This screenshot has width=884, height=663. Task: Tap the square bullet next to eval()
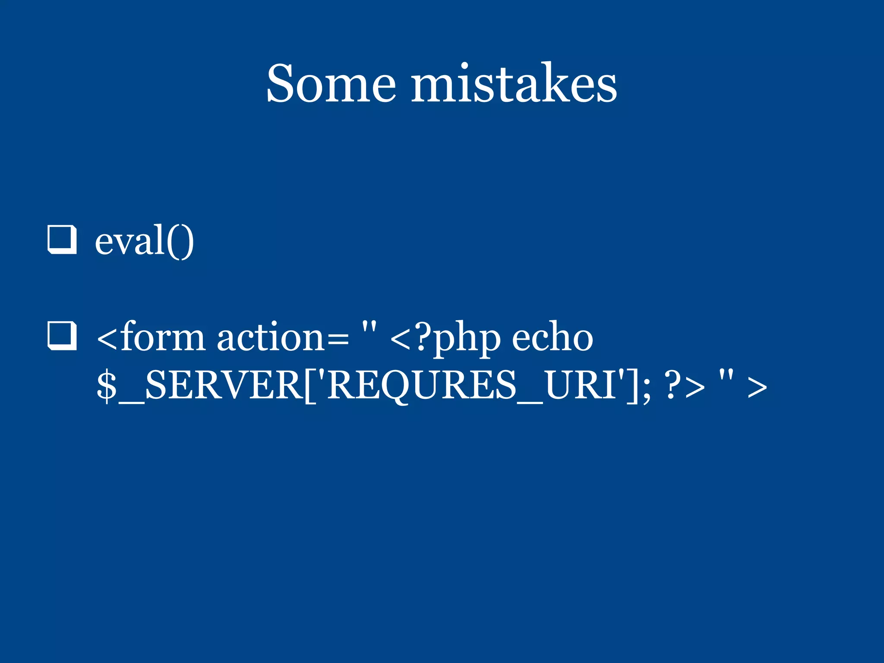[62, 240]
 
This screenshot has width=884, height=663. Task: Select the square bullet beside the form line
[62, 336]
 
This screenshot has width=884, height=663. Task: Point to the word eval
[129, 242]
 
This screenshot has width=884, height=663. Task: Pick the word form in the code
[162, 338]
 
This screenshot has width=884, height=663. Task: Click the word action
[270, 338]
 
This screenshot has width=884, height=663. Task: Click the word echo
[552, 338]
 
